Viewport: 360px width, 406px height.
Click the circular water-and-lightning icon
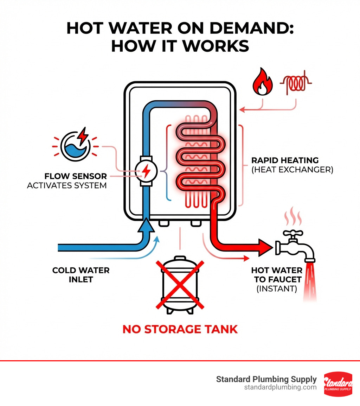(x=76, y=146)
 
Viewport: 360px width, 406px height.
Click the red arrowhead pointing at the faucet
(x=265, y=247)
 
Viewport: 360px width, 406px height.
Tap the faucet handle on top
(x=291, y=234)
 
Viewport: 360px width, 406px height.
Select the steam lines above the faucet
(x=292, y=217)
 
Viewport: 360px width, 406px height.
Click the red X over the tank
(x=180, y=284)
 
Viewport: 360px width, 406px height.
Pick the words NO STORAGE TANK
(x=180, y=329)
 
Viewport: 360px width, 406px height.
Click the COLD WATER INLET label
(x=81, y=275)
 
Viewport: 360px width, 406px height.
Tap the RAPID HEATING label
(x=285, y=160)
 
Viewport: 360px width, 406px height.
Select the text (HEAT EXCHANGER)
(x=292, y=170)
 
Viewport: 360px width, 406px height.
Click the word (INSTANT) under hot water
(x=276, y=289)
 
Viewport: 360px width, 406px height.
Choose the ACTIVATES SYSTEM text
(x=67, y=185)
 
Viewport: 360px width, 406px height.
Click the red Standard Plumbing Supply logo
(x=338, y=384)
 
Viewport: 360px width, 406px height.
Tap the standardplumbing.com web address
(x=280, y=387)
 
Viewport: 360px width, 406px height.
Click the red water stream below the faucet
(x=310, y=281)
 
